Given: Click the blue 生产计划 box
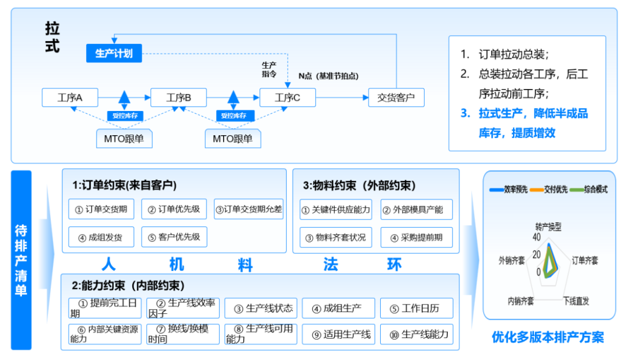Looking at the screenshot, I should coord(114,54).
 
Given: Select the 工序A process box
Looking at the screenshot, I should coord(70,98).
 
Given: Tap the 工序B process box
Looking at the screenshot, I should coord(179,98).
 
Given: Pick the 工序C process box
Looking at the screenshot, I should coord(287,98).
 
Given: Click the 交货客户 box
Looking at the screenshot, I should coord(396,98).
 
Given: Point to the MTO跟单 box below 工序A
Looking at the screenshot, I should coord(124,139).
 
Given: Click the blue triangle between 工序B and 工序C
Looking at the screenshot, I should coord(233,97).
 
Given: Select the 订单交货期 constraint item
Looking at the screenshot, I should coord(101,209).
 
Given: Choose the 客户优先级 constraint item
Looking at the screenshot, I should coord(174,237).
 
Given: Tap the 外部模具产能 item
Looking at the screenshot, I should coord(416,209).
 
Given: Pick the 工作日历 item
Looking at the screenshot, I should coord(416,308).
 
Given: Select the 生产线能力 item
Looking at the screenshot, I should coord(416,335).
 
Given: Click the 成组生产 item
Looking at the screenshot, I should coord(338,308).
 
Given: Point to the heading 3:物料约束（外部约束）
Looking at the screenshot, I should coord(359,185).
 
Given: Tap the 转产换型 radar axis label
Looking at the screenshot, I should coord(548,227).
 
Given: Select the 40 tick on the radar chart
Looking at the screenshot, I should coord(537,237).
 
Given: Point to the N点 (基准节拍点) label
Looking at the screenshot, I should coord(328,76).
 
